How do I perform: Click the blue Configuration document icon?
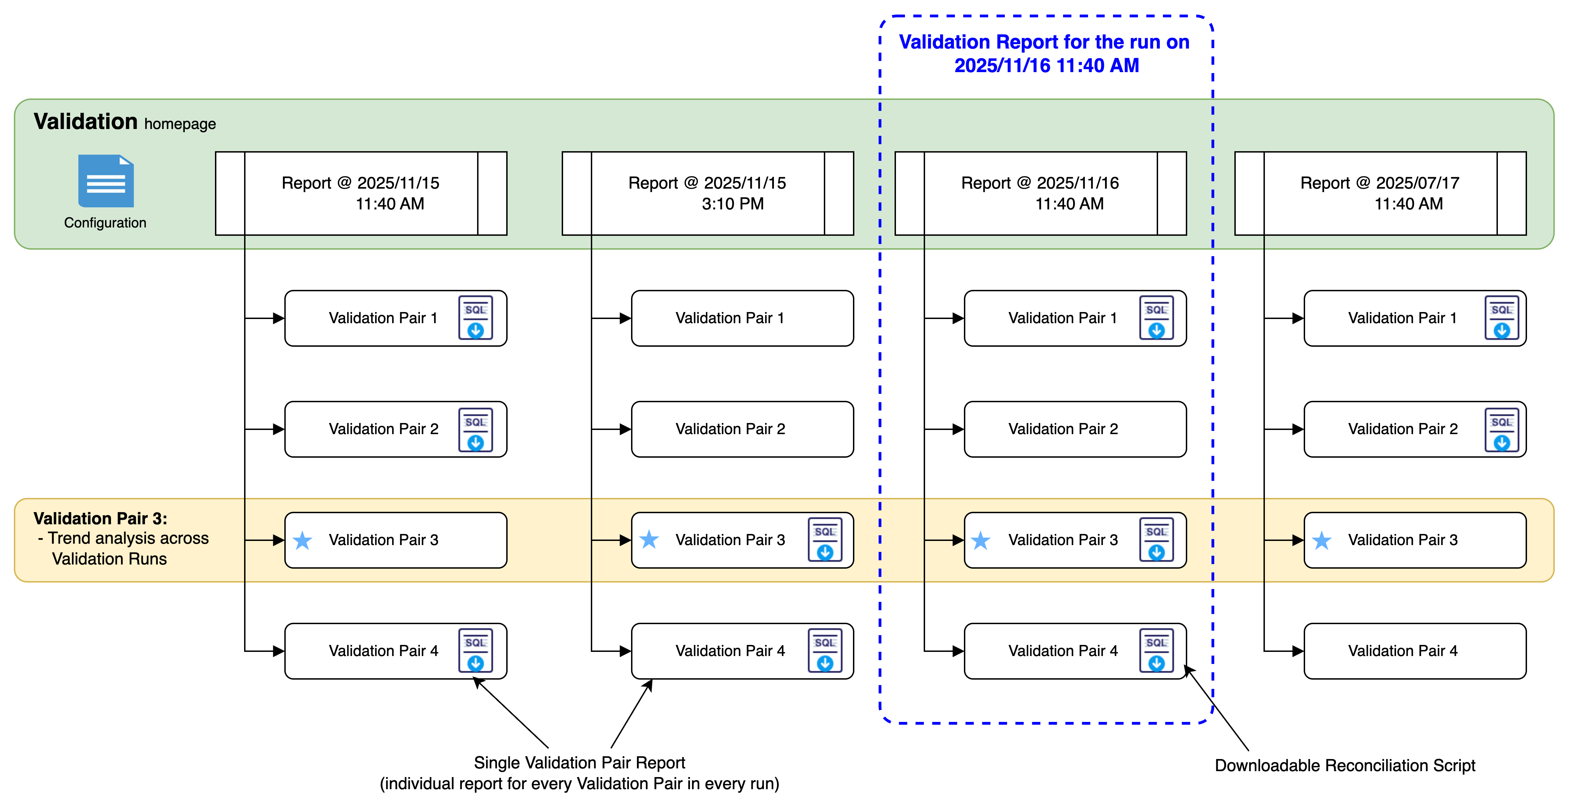pos(105,181)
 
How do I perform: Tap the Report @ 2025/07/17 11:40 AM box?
pos(1380,193)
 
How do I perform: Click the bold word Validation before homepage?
pos(85,122)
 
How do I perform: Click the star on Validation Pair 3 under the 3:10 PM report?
pos(649,540)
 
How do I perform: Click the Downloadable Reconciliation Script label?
pos(1345,766)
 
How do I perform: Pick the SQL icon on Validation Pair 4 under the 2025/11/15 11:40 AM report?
pos(475,651)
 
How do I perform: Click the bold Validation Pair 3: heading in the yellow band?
pos(100,519)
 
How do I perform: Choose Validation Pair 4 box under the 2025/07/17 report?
pos(1415,651)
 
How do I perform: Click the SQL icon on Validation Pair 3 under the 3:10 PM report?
pos(825,540)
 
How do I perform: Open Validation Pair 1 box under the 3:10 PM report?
pos(742,318)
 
